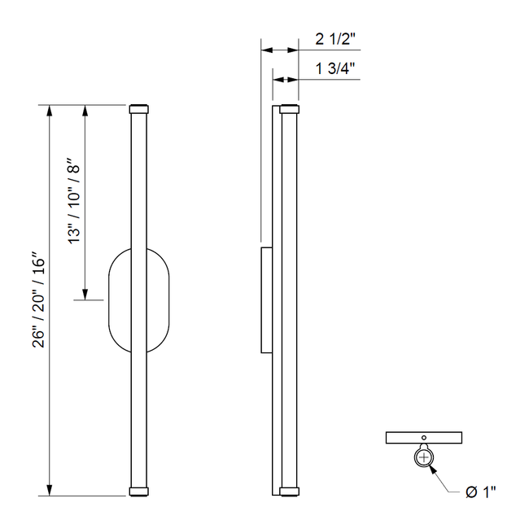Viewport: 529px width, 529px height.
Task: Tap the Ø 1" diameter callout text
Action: (480, 491)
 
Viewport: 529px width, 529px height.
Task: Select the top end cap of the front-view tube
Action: (138, 107)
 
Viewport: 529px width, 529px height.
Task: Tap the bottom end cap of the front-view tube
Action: (138, 492)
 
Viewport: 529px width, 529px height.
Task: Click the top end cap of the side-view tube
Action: (289, 107)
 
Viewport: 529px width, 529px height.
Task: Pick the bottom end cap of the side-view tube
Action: (289, 492)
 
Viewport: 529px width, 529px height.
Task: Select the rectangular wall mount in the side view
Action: (265, 300)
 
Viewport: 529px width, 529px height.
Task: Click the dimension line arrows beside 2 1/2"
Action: (279, 50)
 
